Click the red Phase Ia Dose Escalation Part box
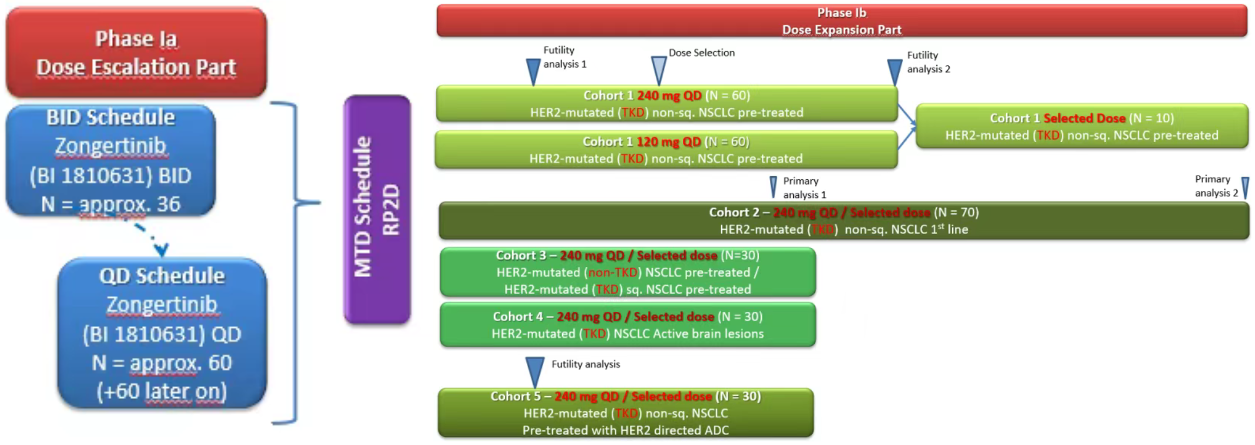tap(136, 52)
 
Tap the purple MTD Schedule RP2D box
tap(377, 209)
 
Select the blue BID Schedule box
tap(111, 160)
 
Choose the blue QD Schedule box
tap(162, 333)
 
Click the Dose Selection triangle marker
tap(659, 70)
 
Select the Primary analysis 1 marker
tap(773, 187)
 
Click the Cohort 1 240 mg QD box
tap(666, 104)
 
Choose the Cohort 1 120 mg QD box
tap(666, 150)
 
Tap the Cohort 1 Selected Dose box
tap(1082, 126)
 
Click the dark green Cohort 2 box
tap(844, 220)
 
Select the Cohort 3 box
tap(627, 272)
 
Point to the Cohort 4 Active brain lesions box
tap(627, 325)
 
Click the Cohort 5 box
tap(626, 413)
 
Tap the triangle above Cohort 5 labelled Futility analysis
tap(534, 372)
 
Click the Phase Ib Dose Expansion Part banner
tap(841, 21)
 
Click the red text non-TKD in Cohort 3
tap(613, 272)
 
